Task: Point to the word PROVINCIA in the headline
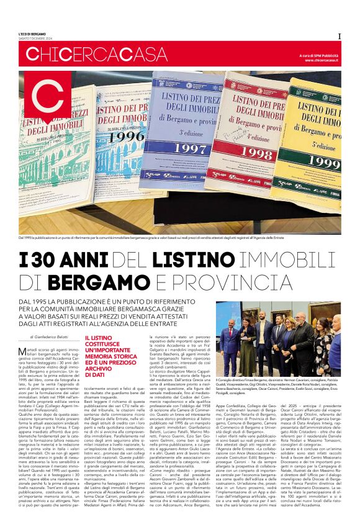pos(240,282)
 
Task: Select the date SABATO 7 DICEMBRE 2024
pos(35,38)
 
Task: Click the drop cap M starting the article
pos(23,351)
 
